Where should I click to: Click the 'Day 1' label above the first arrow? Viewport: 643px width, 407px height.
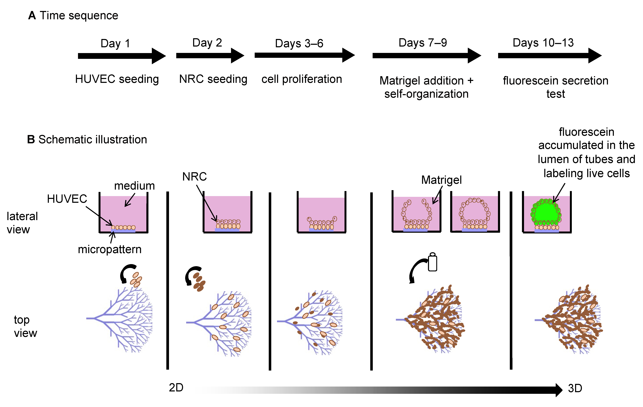click(115, 43)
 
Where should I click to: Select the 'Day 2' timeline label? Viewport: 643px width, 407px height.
click(207, 43)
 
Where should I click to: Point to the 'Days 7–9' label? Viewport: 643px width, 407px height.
click(423, 43)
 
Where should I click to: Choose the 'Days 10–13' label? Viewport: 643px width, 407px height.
click(543, 43)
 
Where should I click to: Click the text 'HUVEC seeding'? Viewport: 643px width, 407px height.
click(117, 79)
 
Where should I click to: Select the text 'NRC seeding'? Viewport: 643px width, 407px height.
click(213, 79)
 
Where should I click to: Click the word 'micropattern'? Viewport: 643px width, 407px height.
click(110, 249)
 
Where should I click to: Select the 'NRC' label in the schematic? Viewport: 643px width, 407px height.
click(194, 177)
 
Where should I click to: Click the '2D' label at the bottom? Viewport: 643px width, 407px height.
click(176, 387)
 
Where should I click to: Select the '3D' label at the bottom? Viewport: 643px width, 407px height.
click(575, 388)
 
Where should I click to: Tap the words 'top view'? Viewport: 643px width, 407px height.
click(25, 326)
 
